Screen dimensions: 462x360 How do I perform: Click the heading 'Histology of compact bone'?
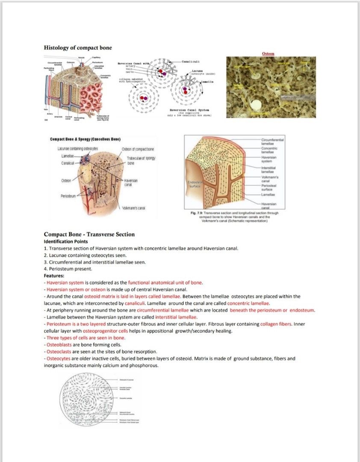pyautogui.click(x=78, y=47)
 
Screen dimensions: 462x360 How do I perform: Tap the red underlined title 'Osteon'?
pyautogui.click(x=268, y=54)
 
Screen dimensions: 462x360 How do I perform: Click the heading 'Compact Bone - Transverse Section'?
pyautogui.click(x=89, y=234)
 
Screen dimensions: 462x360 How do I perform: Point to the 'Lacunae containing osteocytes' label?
pyautogui.click(x=77, y=148)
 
